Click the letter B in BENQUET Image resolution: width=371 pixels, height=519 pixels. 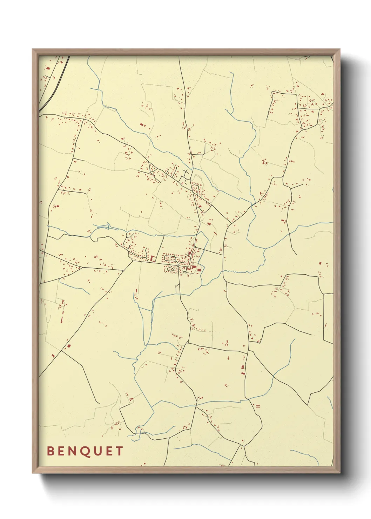(x=50, y=451)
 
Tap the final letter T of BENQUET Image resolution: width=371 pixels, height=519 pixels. (x=120, y=451)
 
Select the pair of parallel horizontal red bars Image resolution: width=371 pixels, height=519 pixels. (x=258, y=406)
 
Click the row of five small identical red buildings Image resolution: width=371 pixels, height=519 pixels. (x=199, y=330)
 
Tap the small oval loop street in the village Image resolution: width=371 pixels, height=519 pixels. (x=170, y=269)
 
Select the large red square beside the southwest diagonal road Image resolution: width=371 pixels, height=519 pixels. (x=69, y=346)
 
